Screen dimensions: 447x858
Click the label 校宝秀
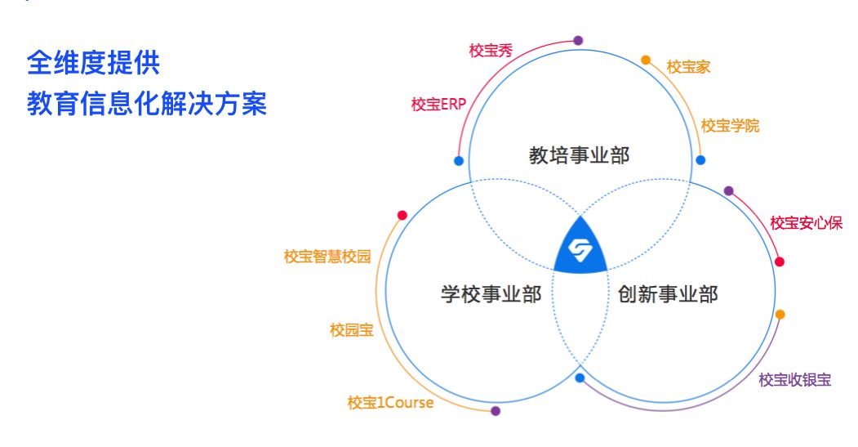(x=491, y=50)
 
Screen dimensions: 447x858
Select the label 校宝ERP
(x=438, y=105)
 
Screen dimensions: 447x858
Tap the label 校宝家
(x=688, y=67)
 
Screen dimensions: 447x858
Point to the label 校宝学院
(x=730, y=126)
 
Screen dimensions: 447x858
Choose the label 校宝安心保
(x=806, y=223)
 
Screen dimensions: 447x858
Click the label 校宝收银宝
(x=794, y=379)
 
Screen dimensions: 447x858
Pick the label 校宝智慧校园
(x=327, y=256)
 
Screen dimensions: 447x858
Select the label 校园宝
(x=352, y=330)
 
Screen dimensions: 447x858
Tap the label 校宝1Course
(x=390, y=402)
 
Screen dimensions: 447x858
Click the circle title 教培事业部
(x=580, y=155)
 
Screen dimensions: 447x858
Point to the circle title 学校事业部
(x=491, y=294)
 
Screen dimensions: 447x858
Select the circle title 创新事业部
(x=668, y=294)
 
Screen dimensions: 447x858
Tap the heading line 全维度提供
(x=92, y=63)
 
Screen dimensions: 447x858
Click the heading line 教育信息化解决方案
(x=147, y=105)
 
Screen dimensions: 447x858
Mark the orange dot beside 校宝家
(x=646, y=60)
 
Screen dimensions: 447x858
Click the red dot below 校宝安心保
(x=780, y=261)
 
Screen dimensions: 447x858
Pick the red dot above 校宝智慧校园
(x=402, y=216)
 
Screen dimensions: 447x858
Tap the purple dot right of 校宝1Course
(x=496, y=411)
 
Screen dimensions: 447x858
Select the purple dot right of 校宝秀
(x=578, y=40)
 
